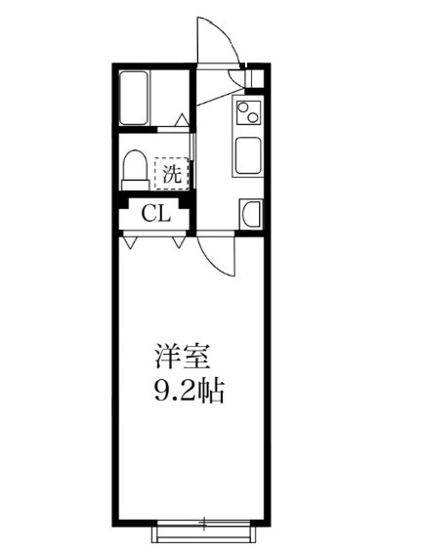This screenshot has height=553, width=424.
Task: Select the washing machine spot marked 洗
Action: (x=171, y=177)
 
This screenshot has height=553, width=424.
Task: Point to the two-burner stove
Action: (x=248, y=114)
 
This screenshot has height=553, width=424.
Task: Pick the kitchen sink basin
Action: (x=247, y=155)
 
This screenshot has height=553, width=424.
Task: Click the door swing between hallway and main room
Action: (x=217, y=257)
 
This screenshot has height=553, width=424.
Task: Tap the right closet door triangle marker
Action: (x=179, y=238)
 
